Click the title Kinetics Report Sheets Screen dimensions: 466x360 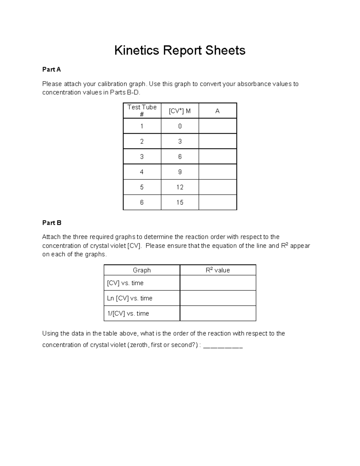pos(180,50)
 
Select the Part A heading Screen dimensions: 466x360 pos(52,70)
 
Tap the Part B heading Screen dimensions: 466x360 pos(52,223)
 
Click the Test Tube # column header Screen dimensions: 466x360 pos(142,110)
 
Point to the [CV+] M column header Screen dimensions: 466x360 pos(180,111)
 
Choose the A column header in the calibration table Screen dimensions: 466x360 pos(217,111)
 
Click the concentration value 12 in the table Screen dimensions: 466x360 pos(180,187)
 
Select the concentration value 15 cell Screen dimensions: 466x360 pos(180,203)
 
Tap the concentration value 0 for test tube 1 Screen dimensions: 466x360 pos(180,126)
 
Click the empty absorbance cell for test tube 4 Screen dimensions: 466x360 pos(217,172)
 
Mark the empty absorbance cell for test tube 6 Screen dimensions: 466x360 pos(217,203)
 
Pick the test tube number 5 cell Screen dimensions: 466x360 pos(142,187)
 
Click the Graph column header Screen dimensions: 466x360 pos(142,270)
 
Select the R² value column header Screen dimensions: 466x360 pos(218,270)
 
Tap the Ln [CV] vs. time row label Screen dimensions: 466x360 pos(130,298)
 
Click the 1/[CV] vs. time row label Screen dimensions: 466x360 pos(128,314)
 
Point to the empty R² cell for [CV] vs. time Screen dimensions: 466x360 pos(218,283)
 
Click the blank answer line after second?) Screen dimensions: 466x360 pos(223,346)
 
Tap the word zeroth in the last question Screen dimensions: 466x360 pos(139,345)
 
